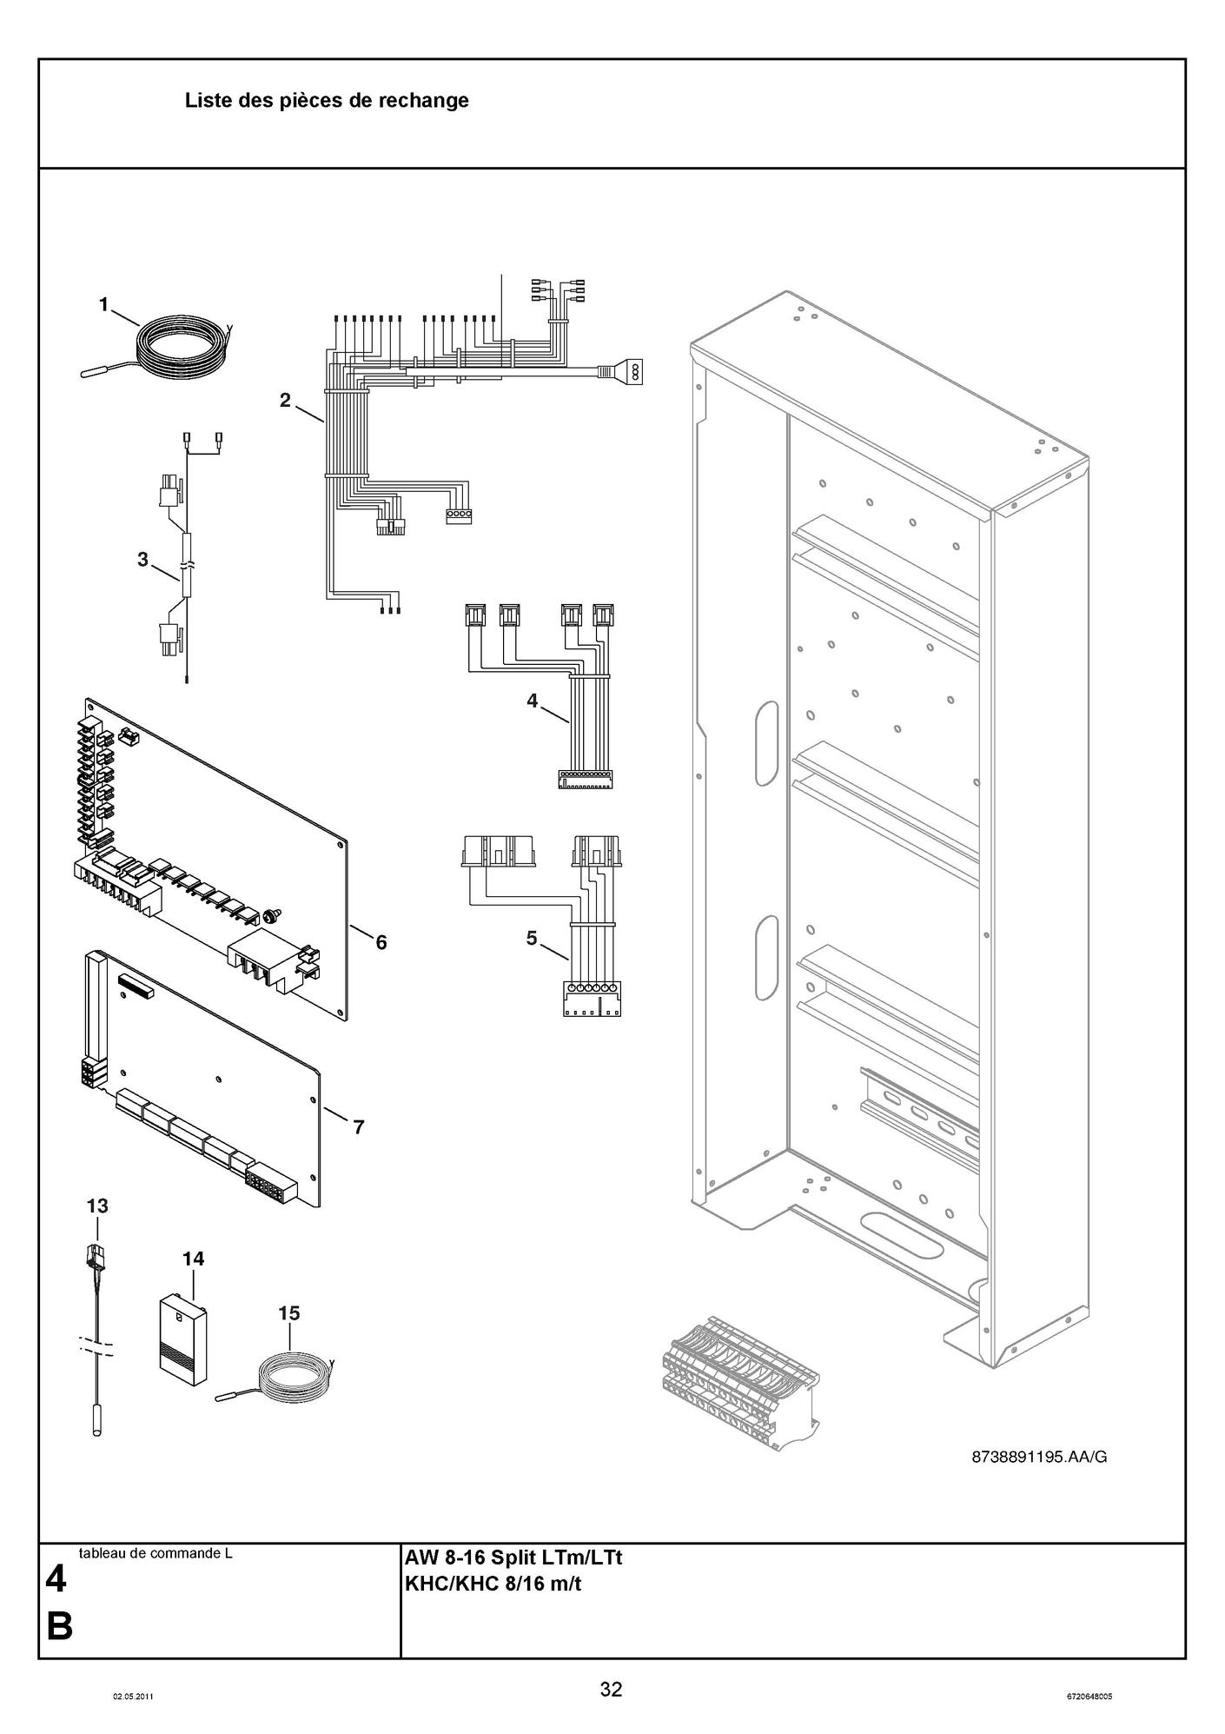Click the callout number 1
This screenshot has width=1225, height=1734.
[104, 304]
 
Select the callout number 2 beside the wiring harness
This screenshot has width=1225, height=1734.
[285, 400]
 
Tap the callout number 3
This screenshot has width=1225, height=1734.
[143, 560]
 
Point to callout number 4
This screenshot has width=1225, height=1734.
[533, 700]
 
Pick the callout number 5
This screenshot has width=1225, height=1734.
[533, 938]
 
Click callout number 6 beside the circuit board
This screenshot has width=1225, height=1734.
[381, 941]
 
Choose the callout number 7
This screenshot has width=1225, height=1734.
[358, 1127]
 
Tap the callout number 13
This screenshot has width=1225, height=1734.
[97, 1206]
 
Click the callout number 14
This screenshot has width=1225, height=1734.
[193, 1258]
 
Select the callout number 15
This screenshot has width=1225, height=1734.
[289, 1312]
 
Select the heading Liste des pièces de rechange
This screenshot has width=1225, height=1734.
[327, 101]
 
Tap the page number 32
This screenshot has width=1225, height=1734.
[611, 1689]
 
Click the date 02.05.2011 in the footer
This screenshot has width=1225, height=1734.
[133, 1696]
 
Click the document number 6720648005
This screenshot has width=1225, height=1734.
[1089, 1696]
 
